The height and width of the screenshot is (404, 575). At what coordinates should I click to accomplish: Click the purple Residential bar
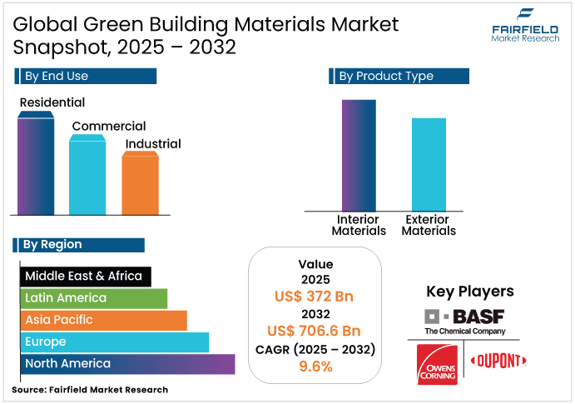pyautogui.click(x=36, y=167)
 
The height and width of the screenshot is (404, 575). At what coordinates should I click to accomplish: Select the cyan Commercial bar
pyautogui.click(x=87, y=177)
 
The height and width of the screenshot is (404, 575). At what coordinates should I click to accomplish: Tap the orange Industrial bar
pyautogui.click(x=140, y=184)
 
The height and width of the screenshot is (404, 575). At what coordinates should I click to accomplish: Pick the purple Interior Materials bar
pyautogui.click(x=359, y=155)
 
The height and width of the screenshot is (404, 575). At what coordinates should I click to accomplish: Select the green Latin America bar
pyautogui.click(x=93, y=298)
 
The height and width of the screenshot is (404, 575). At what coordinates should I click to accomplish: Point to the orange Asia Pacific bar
pyautogui.click(x=103, y=320)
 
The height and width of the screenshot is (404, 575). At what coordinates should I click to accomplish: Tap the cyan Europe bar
pyautogui.click(x=114, y=342)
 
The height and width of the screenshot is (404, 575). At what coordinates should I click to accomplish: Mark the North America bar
pyautogui.click(x=127, y=364)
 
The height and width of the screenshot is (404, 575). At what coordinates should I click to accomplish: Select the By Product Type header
pyautogui.click(x=400, y=76)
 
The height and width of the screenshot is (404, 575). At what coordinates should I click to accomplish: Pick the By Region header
pyautogui.click(x=79, y=245)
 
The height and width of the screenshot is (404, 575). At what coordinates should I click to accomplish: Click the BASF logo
pyautogui.click(x=464, y=320)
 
